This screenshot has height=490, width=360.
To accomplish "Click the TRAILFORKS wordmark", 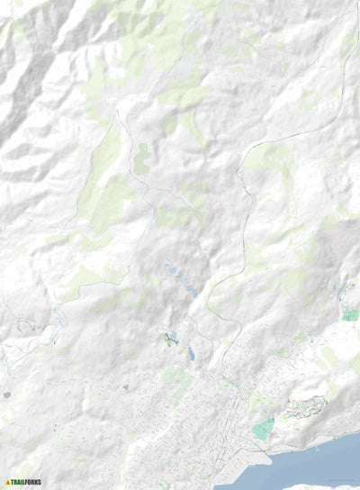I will click(x=28, y=482).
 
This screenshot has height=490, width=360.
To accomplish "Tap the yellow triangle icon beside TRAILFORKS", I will click(x=8, y=482).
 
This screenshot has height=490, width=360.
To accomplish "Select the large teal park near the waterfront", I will click(x=263, y=429).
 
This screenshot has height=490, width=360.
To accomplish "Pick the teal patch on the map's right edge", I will click(x=350, y=315).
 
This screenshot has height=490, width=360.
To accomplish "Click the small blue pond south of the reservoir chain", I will click(x=191, y=354).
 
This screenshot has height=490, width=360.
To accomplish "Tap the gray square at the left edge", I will click(x=6, y=395).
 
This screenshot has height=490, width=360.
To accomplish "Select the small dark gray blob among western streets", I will click(x=125, y=387).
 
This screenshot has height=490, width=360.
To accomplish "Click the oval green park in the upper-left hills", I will click(x=141, y=159).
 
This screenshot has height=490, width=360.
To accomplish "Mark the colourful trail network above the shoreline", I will click(x=301, y=409).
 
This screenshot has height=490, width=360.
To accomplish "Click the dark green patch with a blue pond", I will click(x=171, y=339).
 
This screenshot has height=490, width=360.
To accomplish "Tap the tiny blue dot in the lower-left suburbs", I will click(x=53, y=427).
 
